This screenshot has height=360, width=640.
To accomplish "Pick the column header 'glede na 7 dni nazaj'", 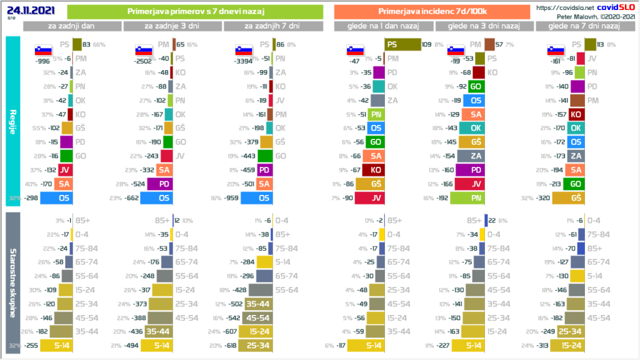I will pos(584,26).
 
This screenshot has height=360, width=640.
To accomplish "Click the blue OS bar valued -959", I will pos(256,198).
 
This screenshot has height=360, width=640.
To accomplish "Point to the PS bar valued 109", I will pos(402,44).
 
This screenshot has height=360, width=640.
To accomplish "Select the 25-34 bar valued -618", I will pos(257,346).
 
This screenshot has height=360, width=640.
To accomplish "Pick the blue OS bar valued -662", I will pos(156,198).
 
